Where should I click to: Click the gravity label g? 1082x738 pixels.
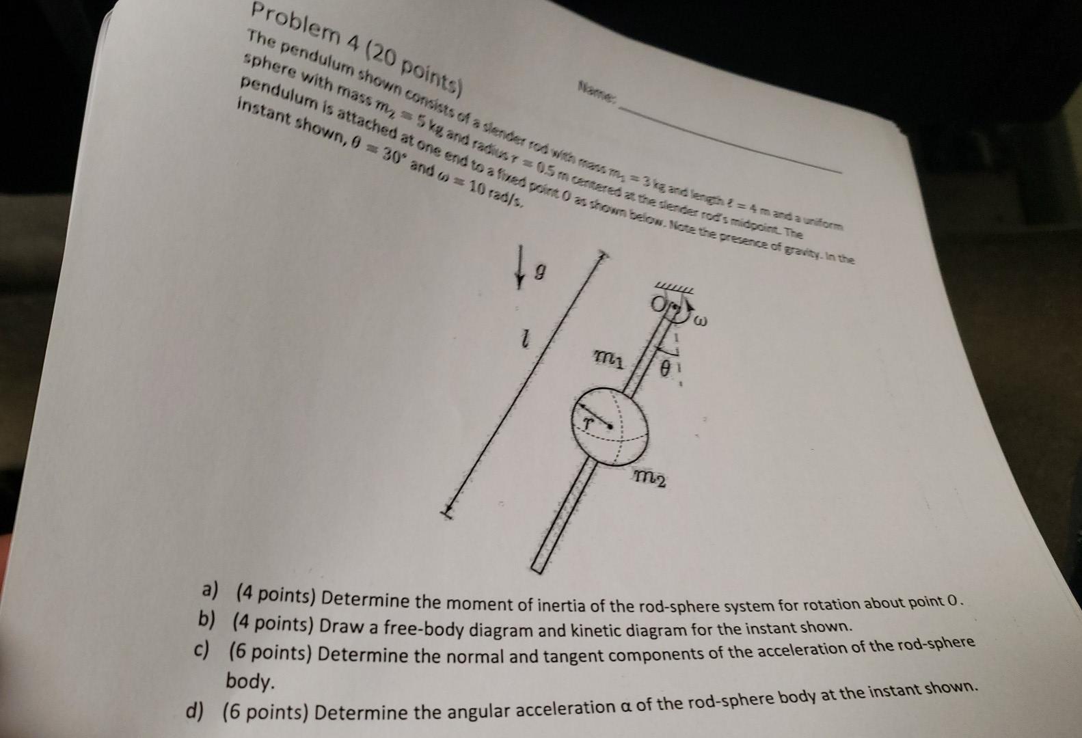coord(539,274)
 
